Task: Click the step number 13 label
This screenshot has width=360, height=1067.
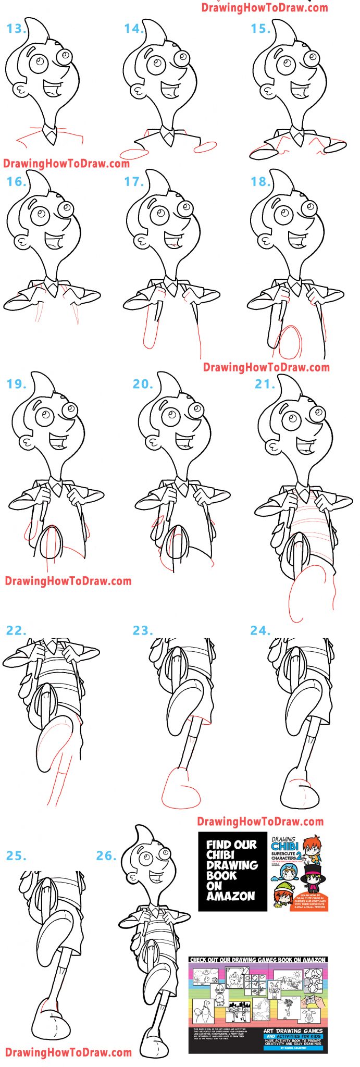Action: pos(16,29)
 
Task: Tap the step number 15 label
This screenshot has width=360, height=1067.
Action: pos(260,29)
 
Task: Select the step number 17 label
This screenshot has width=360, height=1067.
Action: pos(134,182)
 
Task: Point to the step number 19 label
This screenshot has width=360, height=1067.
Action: pos(17,384)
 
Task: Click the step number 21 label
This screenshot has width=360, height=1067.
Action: pos(265,384)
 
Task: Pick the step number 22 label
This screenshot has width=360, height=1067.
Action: pos(16,631)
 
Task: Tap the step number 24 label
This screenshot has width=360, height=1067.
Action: pos(260,631)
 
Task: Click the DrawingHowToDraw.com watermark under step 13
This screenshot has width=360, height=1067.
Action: pos(66,164)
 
